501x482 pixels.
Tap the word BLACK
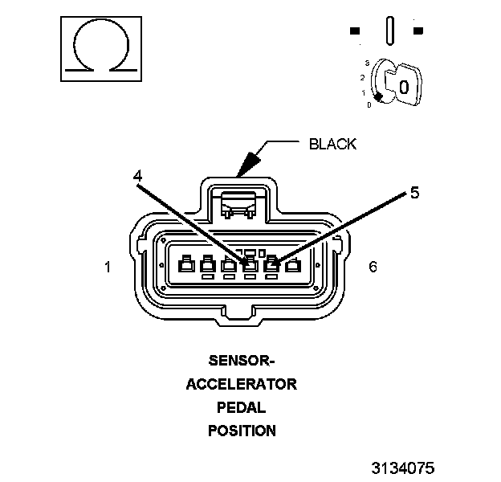pos(332,145)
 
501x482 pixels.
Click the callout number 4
pos(138,175)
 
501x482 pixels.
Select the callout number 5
pos(413,193)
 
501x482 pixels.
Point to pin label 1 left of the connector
pos(108,266)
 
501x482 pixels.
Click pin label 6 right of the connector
pos(373,266)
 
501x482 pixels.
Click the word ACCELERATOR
pos(242,384)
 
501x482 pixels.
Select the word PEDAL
pos(242,407)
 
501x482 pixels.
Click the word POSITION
pos(242,431)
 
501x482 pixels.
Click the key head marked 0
pos(404,86)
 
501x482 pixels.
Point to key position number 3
pos(366,63)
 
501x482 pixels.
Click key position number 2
pos(363,77)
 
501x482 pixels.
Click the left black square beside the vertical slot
pos(355,31)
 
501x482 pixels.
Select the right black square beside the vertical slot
pos(417,31)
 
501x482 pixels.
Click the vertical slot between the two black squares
pos(389,30)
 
